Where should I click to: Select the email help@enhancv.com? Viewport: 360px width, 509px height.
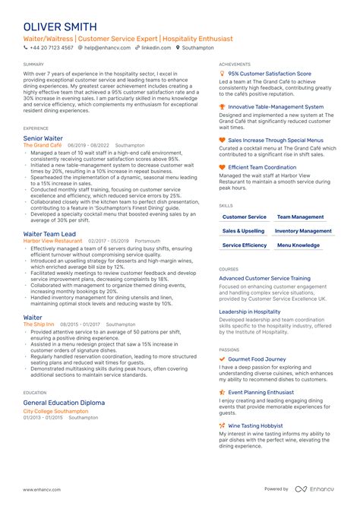coord(106,47)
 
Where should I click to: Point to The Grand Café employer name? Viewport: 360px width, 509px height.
coord(43,145)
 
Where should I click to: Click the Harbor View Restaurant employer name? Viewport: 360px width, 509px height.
coord(53,240)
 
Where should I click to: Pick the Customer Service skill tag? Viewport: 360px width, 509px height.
coord(245,217)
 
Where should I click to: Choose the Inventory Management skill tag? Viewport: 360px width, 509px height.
coord(303,231)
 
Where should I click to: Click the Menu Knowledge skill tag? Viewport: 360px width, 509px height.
coord(298,245)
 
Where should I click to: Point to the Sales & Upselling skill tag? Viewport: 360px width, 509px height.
coord(244,231)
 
